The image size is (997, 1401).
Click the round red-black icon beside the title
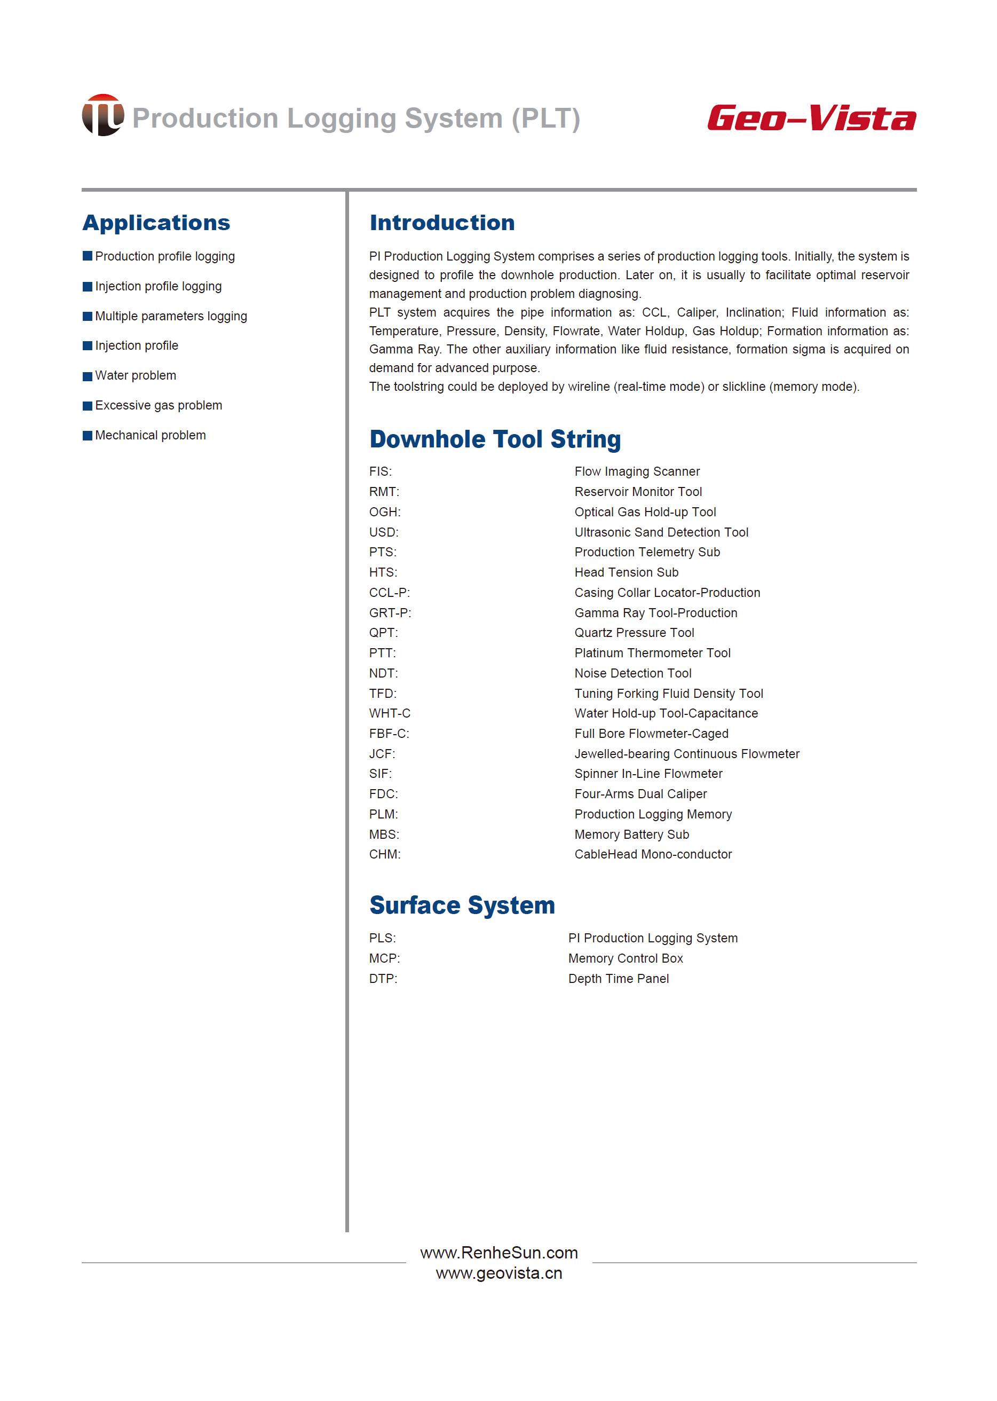[x=102, y=115]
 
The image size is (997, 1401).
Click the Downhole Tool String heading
[x=495, y=439]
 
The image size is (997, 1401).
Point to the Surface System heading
[x=462, y=906]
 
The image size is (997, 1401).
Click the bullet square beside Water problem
[x=87, y=376]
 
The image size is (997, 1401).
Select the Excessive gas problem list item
[x=159, y=405]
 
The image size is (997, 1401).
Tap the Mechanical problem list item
[x=151, y=436]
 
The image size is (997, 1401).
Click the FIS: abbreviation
[x=380, y=471]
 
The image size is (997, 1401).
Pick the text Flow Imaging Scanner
[x=637, y=471]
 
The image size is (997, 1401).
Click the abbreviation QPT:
[x=383, y=633]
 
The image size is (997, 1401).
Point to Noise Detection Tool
[x=632, y=673]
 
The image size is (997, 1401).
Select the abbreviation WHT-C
[x=389, y=713]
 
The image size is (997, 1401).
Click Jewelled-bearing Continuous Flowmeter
[x=686, y=754]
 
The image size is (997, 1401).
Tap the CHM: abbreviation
[x=384, y=854]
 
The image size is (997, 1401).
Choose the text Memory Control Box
[x=625, y=958]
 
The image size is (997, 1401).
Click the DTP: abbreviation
[x=383, y=979]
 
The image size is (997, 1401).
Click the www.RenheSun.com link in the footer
[x=499, y=1253]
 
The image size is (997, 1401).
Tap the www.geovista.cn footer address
[x=499, y=1273]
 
